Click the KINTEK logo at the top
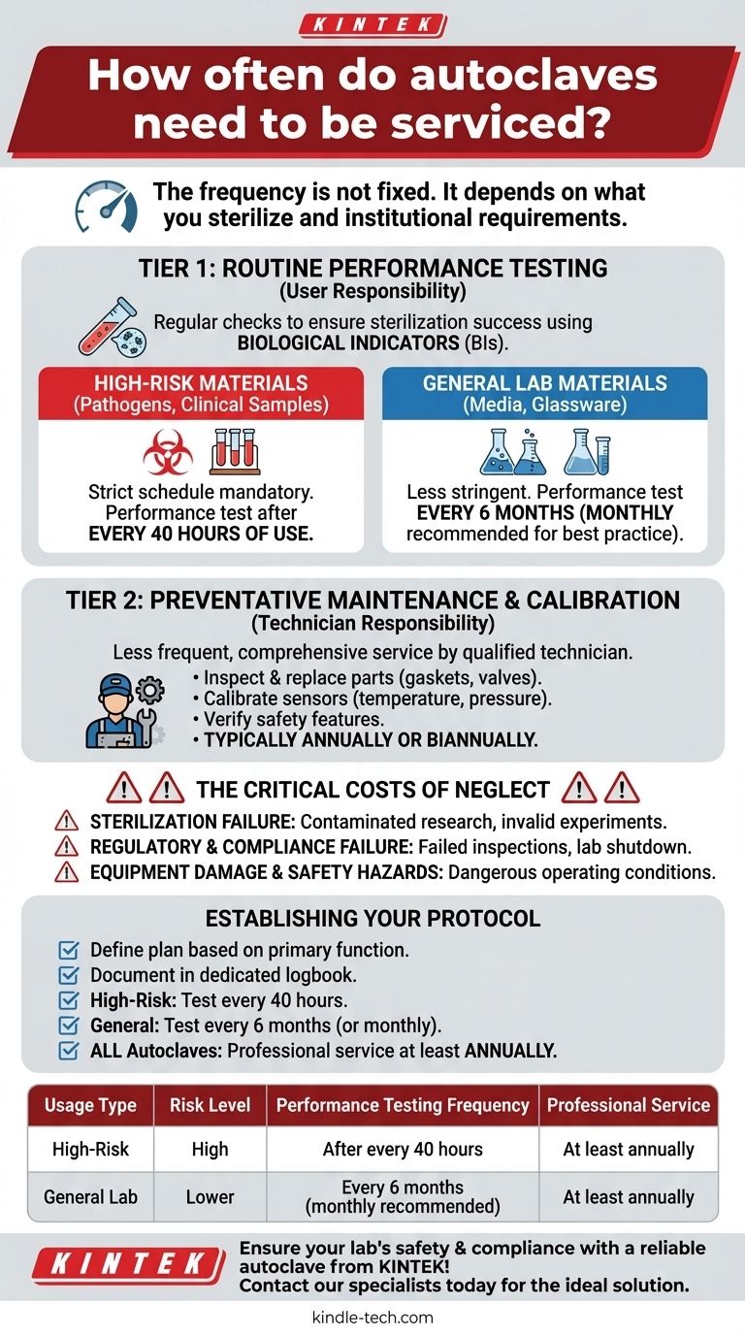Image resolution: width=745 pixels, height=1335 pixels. tap(372, 24)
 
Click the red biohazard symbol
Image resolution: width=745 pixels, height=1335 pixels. tap(168, 452)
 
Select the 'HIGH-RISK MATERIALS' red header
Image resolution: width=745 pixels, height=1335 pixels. tap(202, 392)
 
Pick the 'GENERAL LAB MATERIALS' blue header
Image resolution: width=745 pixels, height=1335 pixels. tap(544, 392)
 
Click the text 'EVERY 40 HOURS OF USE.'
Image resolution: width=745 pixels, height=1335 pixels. tap(201, 534)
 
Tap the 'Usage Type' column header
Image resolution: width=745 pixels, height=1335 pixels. tap(90, 1105)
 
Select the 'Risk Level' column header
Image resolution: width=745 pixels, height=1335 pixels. tap(210, 1105)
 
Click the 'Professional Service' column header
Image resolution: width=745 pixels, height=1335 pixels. tap(629, 1105)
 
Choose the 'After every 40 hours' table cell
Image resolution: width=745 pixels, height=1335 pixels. tap(403, 1150)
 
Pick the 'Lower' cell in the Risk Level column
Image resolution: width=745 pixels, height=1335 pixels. tap(210, 1197)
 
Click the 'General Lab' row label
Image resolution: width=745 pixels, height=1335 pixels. tap(90, 1197)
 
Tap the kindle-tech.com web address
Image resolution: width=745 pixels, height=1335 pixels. tap(372, 1318)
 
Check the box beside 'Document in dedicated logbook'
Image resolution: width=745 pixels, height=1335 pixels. tap(69, 974)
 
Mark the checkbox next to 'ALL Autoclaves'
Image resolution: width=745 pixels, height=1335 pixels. tap(69, 1050)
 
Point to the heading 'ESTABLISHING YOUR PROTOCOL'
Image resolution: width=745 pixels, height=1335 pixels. tap(372, 918)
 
